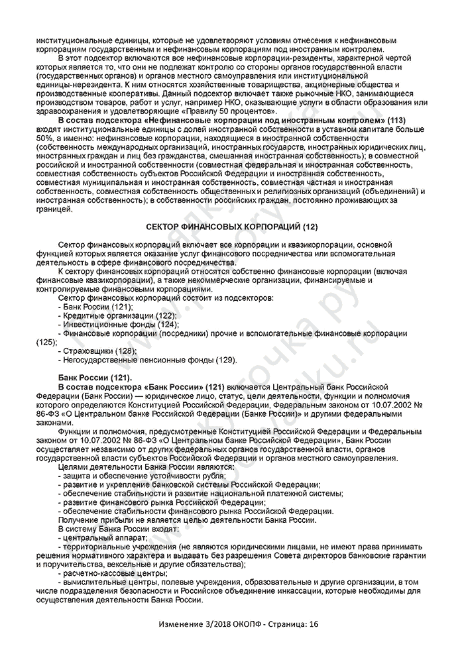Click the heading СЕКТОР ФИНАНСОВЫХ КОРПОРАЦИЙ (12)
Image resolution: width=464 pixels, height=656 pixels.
[x=231, y=227]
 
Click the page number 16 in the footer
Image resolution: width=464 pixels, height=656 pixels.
[x=314, y=624]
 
